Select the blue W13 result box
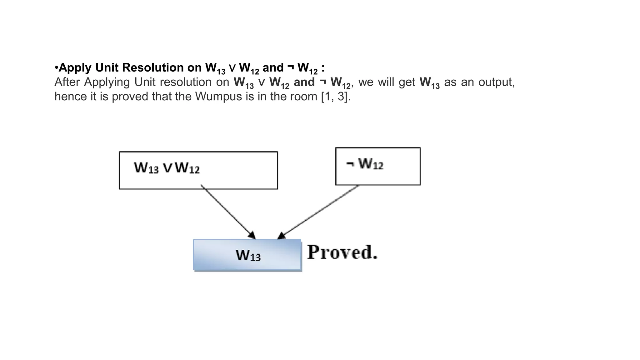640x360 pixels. tap(247, 254)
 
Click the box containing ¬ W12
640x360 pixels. tap(378, 167)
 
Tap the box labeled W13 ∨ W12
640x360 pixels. tap(198, 170)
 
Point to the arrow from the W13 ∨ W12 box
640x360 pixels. tap(228, 212)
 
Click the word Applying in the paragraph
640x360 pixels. tap(107, 82)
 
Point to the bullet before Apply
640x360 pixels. tap(57, 68)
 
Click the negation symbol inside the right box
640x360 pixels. tap(350, 164)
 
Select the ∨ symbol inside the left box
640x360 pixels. tap(167, 168)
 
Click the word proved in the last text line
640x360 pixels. tap(130, 97)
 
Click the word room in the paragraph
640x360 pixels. tap(304, 96)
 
